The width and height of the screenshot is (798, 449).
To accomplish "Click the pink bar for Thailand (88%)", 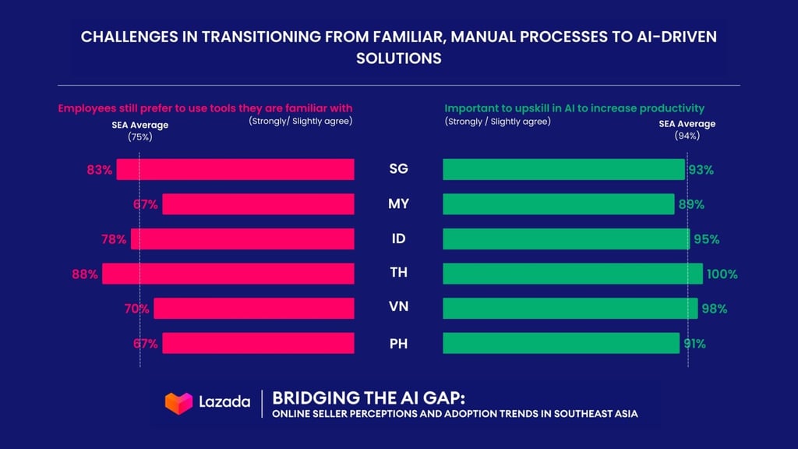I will coord(228,274).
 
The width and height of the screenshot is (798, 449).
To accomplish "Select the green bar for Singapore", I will coord(563,170).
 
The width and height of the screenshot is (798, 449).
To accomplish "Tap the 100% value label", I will coord(722,274).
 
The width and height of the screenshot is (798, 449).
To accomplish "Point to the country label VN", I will coord(398,308).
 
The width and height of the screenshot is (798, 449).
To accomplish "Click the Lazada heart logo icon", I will coord(178,402).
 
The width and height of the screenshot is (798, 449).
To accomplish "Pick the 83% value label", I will coord(100,170).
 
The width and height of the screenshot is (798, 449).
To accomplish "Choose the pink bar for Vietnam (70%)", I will coord(254,309).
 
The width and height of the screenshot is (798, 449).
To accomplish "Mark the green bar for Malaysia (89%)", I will coord(558,204).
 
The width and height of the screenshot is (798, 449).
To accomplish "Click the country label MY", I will coord(398,204).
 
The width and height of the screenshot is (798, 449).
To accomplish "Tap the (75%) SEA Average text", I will coord(139,137).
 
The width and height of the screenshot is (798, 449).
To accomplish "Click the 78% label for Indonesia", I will coord(113,239).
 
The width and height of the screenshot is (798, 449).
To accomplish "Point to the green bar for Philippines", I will coord(561,343).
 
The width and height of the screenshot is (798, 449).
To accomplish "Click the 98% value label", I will coord(714,309).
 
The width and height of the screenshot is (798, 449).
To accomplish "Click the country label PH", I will coord(398,343).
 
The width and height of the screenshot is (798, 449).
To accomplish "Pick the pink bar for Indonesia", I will coord(242,239).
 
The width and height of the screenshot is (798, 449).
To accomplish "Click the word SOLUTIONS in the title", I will coord(398,58).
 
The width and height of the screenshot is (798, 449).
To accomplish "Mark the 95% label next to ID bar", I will coord(707,239).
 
